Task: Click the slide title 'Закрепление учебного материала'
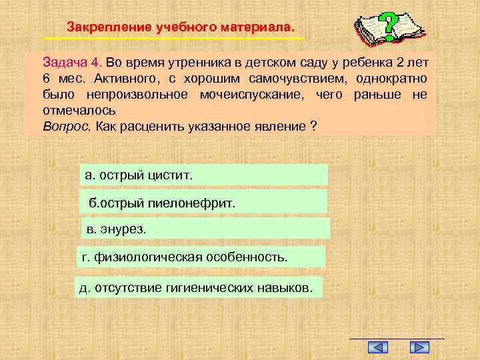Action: [179, 28]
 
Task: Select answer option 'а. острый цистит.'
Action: [203, 175]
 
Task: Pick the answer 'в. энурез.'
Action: [205, 229]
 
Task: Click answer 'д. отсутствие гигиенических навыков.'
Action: [199, 288]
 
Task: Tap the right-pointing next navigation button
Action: [419, 347]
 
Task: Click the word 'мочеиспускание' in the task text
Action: [249, 95]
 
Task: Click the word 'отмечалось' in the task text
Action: [79, 110]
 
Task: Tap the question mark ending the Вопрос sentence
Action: [313, 125]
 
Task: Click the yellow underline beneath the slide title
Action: [173, 39]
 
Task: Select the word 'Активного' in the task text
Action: [108, 79]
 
